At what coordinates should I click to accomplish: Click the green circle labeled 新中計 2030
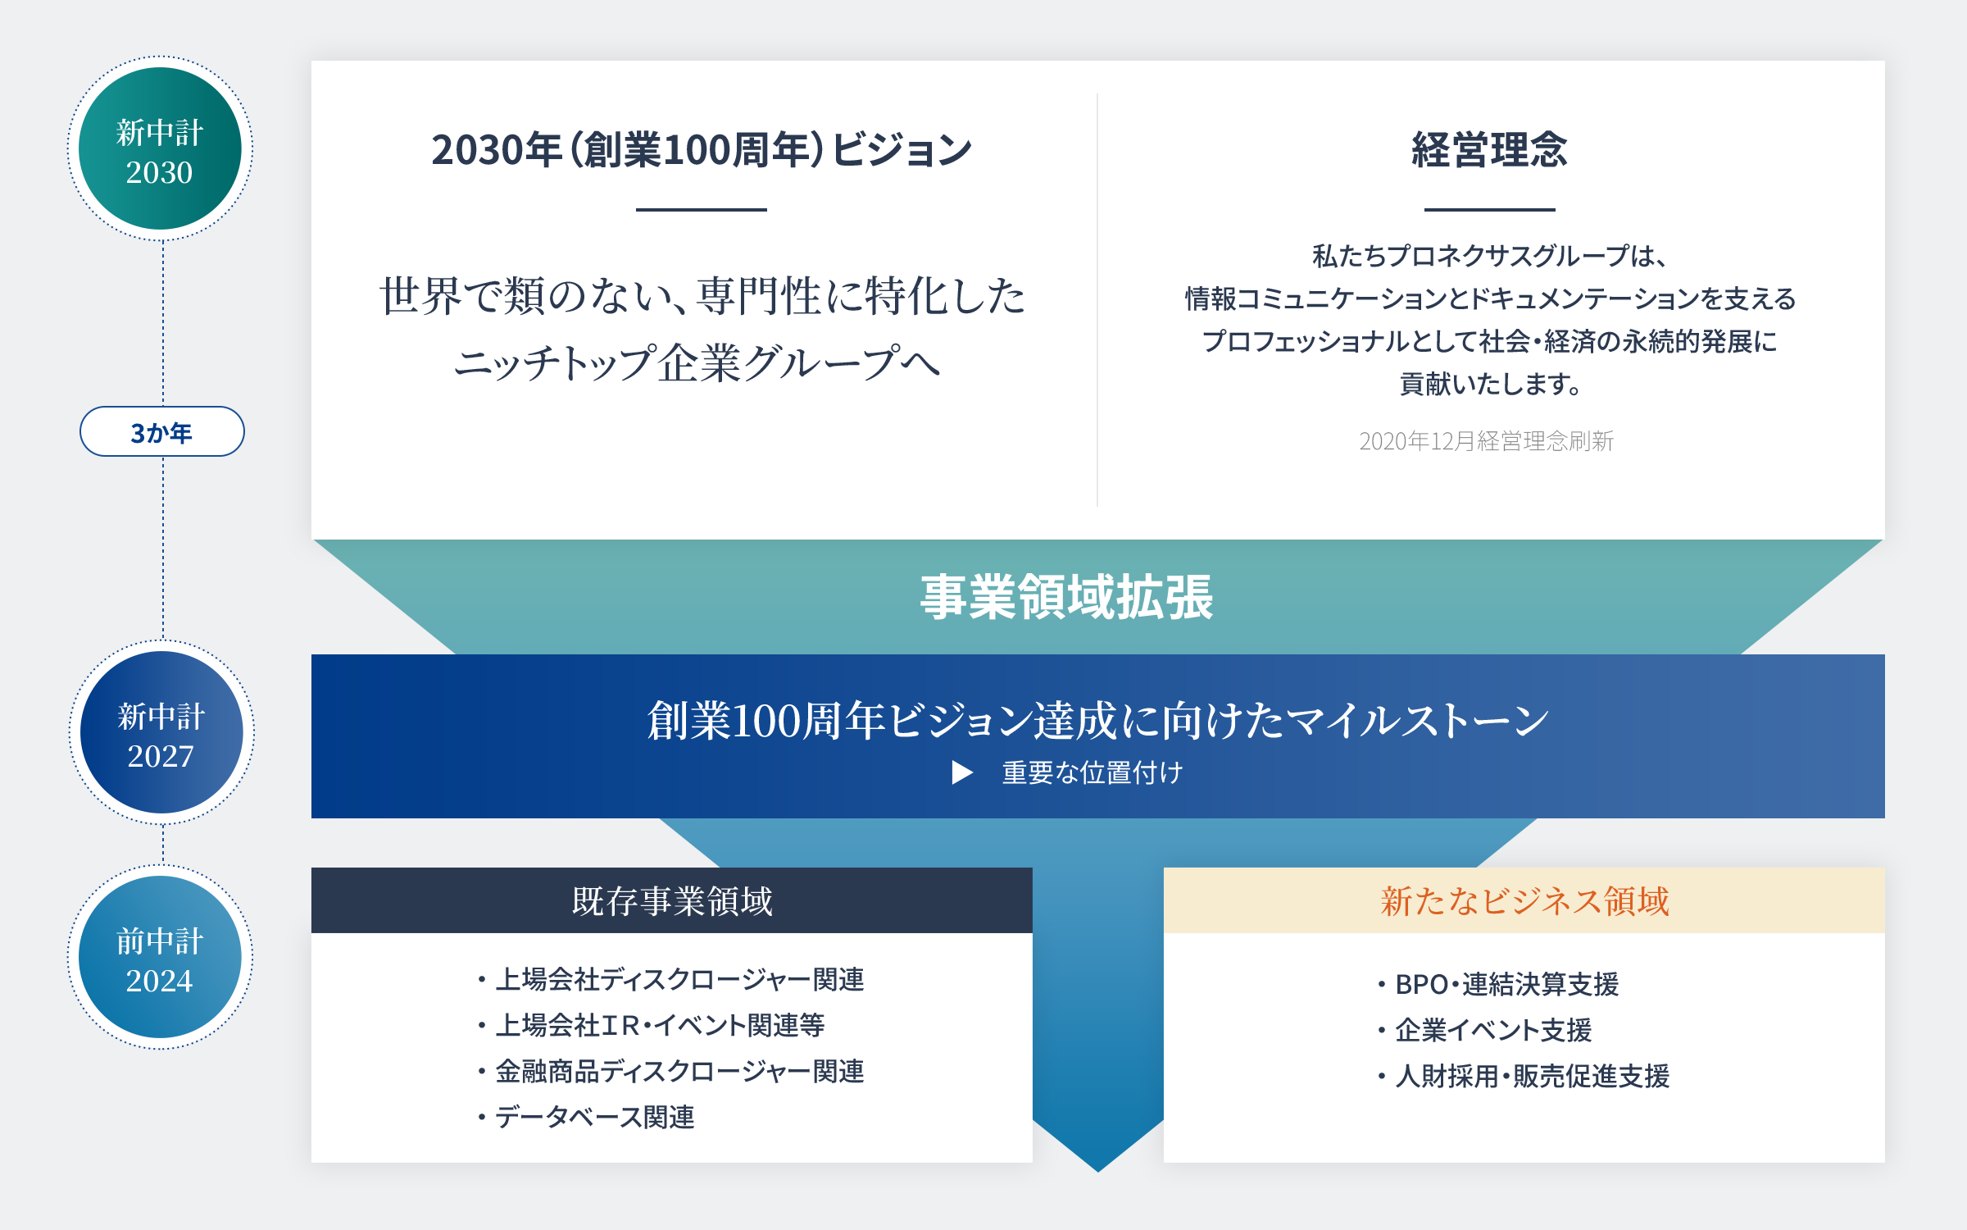[x=160, y=148]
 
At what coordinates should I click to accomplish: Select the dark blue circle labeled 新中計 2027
[x=161, y=732]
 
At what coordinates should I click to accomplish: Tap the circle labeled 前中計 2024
[x=160, y=957]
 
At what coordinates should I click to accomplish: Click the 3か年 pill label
[x=162, y=431]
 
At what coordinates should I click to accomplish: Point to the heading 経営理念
[x=1489, y=150]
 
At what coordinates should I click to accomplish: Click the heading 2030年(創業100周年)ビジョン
[x=702, y=150]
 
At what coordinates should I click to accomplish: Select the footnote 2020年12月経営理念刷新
[x=1486, y=441]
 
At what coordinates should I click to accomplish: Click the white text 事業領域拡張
[x=1066, y=597]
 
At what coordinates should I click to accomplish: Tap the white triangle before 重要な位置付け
[x=962, y=772]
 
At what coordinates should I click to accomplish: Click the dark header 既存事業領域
[x=672, y=900]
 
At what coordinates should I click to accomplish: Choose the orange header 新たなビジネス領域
[x=1524, y=900]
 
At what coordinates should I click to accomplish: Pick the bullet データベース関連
[x=586, y=1117]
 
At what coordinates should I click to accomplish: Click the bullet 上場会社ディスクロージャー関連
[x=671, y=979]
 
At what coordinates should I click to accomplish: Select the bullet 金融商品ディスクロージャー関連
[x=671, y=1071]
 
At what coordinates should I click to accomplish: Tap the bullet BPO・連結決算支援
[x=1498, y=984]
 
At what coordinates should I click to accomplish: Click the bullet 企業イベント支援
[x=1484, y=1030]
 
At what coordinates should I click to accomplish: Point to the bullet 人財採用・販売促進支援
[x=1524, y=1076]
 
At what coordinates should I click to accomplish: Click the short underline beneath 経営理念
[x=1489, y=210]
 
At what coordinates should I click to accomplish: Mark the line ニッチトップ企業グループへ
[x=697, y=363]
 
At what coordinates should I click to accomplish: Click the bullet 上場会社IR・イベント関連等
[x=652, y=1025]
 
